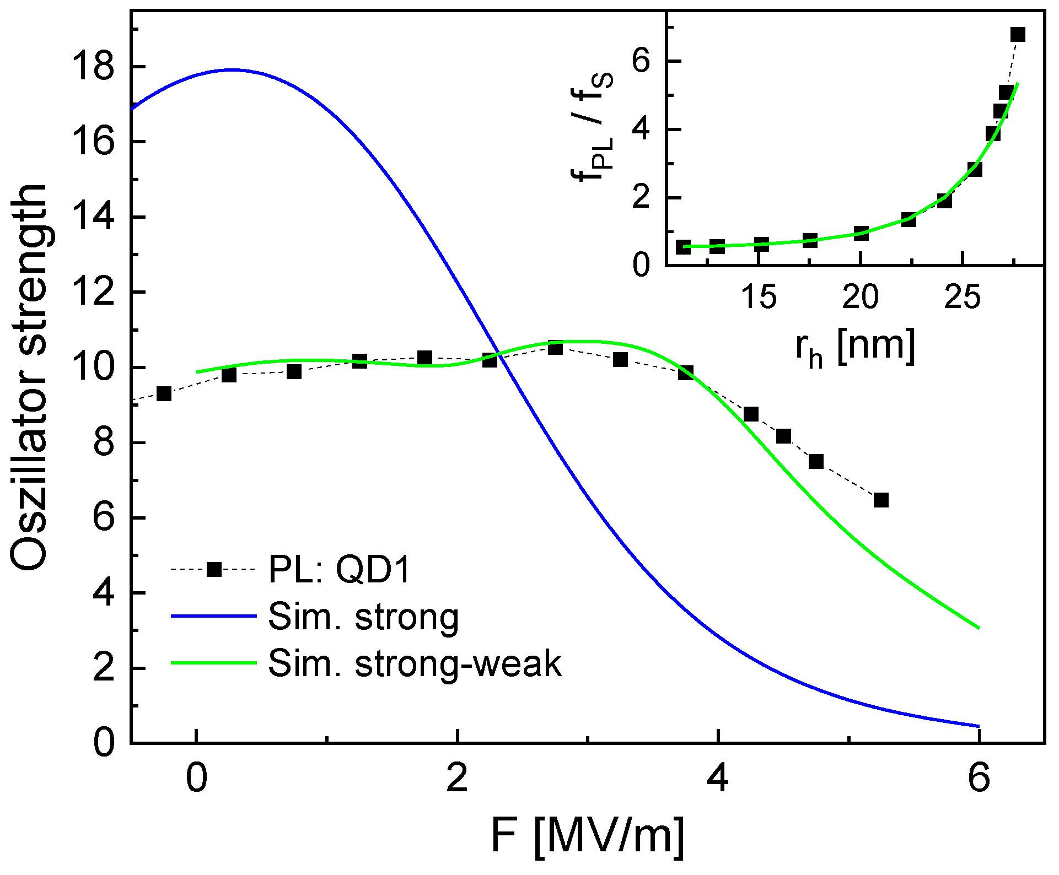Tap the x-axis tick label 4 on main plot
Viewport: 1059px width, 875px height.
coord(718,779)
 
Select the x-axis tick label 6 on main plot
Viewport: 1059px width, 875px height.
coord(979,779)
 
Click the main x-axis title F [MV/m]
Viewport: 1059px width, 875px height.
coord(588,836)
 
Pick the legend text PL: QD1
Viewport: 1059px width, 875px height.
coord(340,569)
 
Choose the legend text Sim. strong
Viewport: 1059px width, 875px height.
coord(363,617)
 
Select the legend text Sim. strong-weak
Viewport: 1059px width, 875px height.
coord(415,663)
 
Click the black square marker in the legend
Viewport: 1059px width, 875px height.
coord(214,569)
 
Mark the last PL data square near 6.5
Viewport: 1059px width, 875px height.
coord(881,500)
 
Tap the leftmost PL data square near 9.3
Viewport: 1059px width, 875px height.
coord(164,393)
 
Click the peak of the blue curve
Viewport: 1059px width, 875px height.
coord(233,70)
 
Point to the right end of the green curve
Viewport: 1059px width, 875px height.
coord(979,628)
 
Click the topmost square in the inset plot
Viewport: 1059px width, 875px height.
coord(1018,34)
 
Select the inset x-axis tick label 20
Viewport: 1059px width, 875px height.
coord(861,298)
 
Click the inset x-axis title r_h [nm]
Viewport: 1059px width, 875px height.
coord(855,347)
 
